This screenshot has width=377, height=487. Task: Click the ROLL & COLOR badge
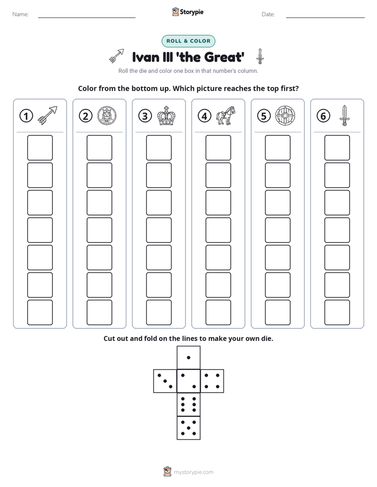coord(188,41)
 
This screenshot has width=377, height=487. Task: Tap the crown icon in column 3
coord(166,116)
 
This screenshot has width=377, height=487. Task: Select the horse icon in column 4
coord(226,116)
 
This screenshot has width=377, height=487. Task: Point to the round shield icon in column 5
coord(285,116)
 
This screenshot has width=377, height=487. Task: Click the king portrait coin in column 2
coord(107,116)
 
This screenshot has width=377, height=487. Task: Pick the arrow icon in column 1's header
coord(48,115)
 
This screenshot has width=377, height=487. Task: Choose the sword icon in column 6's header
coord(344,115)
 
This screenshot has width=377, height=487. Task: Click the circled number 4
coord(204,116)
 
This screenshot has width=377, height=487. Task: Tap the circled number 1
coord(26,116)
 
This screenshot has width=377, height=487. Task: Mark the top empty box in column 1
coord(40,148)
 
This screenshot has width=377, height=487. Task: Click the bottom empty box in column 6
coord(337,313)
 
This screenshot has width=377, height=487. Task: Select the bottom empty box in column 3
coord(158,313)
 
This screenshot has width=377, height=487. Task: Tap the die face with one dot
coord(188,358)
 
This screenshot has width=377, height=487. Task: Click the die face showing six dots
coord(188,405)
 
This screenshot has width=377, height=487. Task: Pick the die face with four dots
coord(212,381)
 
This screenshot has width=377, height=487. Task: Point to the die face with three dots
coord(165,381)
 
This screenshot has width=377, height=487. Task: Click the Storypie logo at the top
coord(187,12)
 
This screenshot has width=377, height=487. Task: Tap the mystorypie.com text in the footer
coord(193,472)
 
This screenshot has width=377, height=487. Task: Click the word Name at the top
coord(20,14)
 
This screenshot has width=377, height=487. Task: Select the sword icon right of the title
coord(260,56)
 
